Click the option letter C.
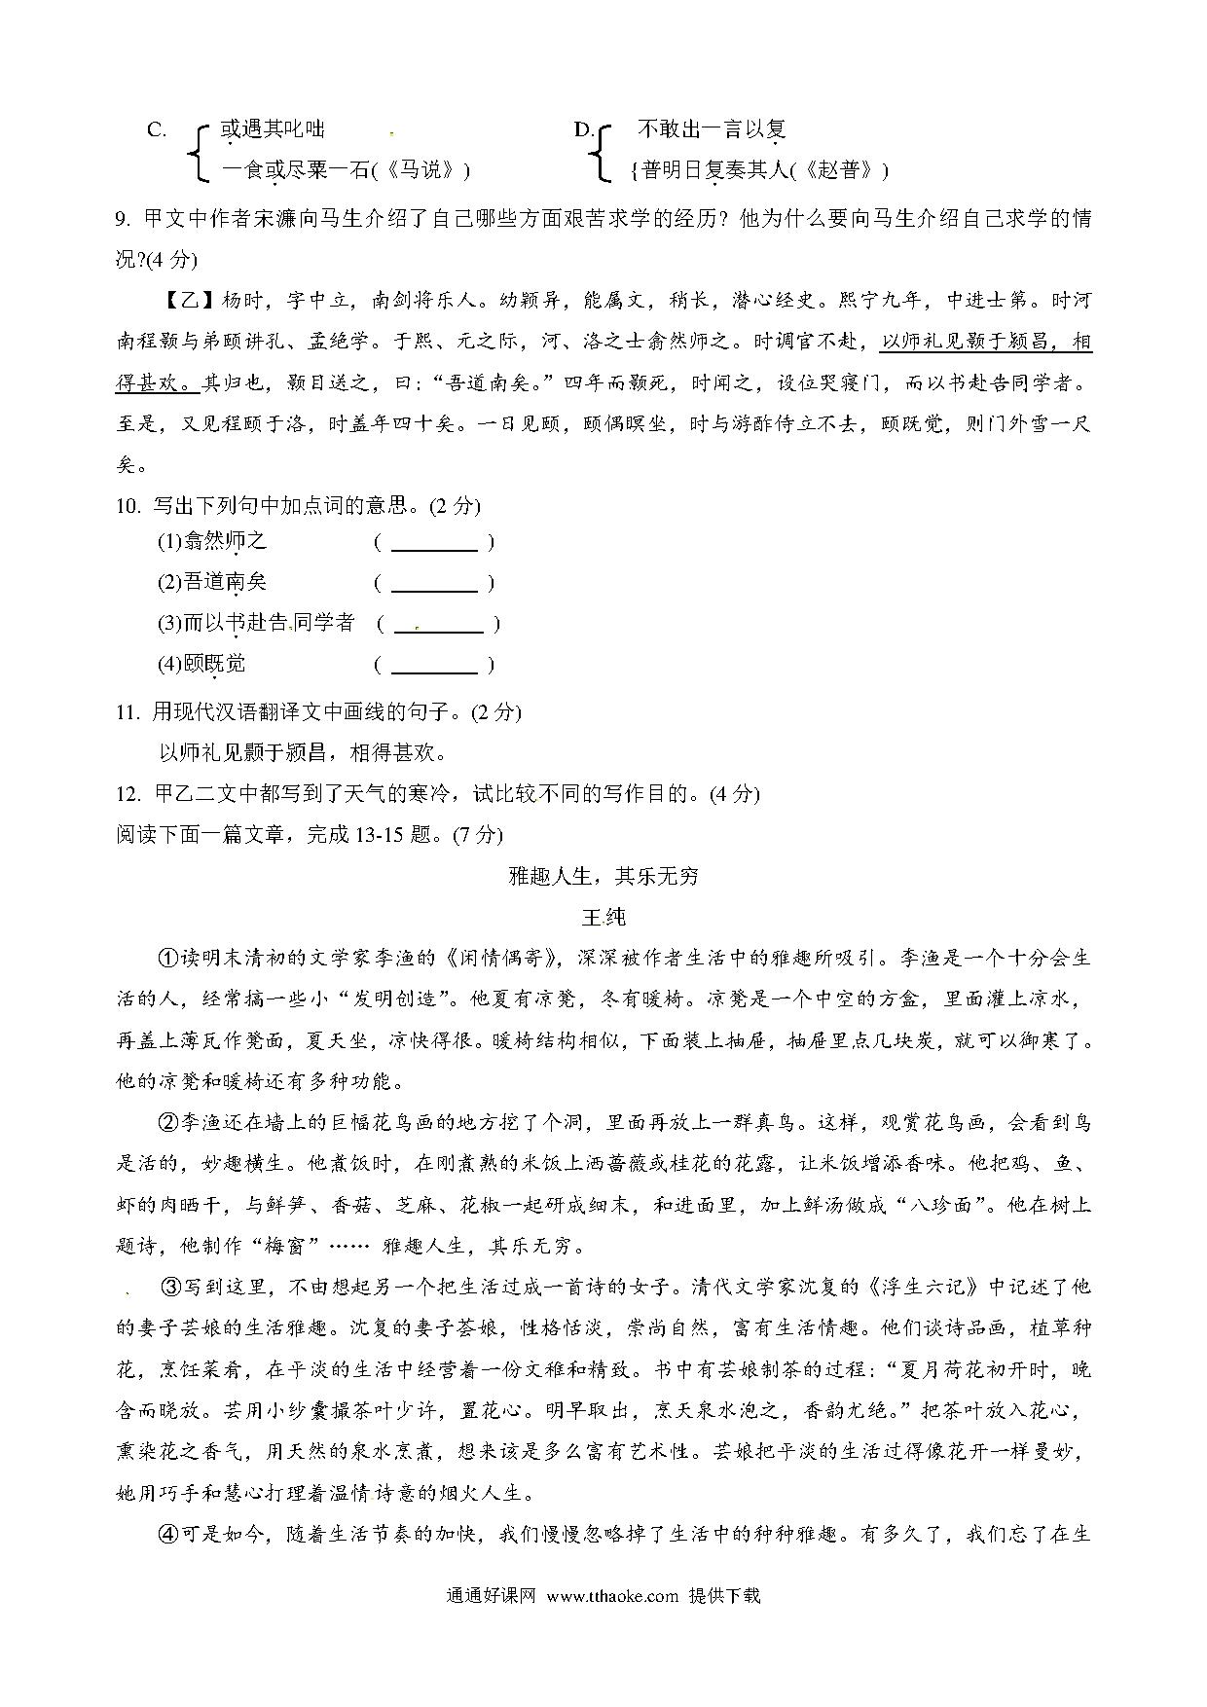156,130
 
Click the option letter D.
584,130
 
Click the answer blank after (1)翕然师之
434,542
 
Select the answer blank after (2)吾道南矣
434,583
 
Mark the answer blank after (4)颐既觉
434,665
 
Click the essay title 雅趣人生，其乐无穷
603,876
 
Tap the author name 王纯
603,917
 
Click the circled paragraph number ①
167,958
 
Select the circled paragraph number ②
167,1123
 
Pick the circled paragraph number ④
167,1535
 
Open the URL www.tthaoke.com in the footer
612,1595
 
